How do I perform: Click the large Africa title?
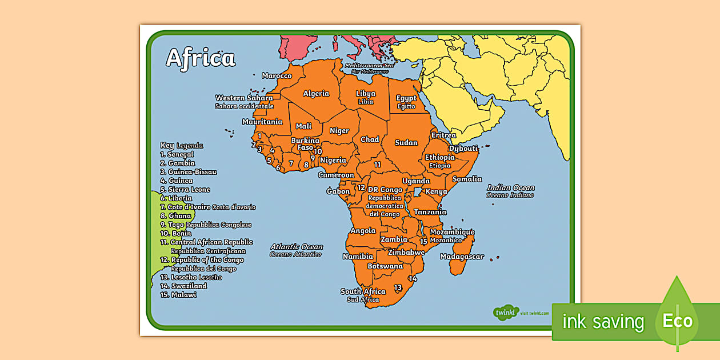pyautogui.click(x=200, y=58)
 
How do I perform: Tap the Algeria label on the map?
pyautogui.click(x=316, y=94)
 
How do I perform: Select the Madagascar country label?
pyautogui.click(x=462, y=257)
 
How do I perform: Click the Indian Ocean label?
pyautogui.click(x=510, y=187)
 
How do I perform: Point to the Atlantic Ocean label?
pyautogui.click(x=297, y=247)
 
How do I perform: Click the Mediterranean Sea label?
pyautogui.click(x=369, y=66)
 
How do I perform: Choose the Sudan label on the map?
pyautogui.click(x=406, y=142)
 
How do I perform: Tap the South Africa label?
pyautogui.click(x=363, y=291)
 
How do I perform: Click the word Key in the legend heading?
pyautogui.click(x=167, y=145)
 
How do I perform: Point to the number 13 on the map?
pyautogui.click(x=398, y=287)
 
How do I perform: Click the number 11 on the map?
pyautogui.click(x=377, y=165)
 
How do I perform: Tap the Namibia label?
pyautogui.click(x=358, y=257)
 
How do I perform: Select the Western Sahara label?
pyautogui.click(x=244, y=98)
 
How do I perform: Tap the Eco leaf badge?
pyautogui.click(x=677, y=321)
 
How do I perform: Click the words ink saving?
pyautogui.click(x=603, y=322)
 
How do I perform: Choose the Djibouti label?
pyautogui.click(x=463, y=149)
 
